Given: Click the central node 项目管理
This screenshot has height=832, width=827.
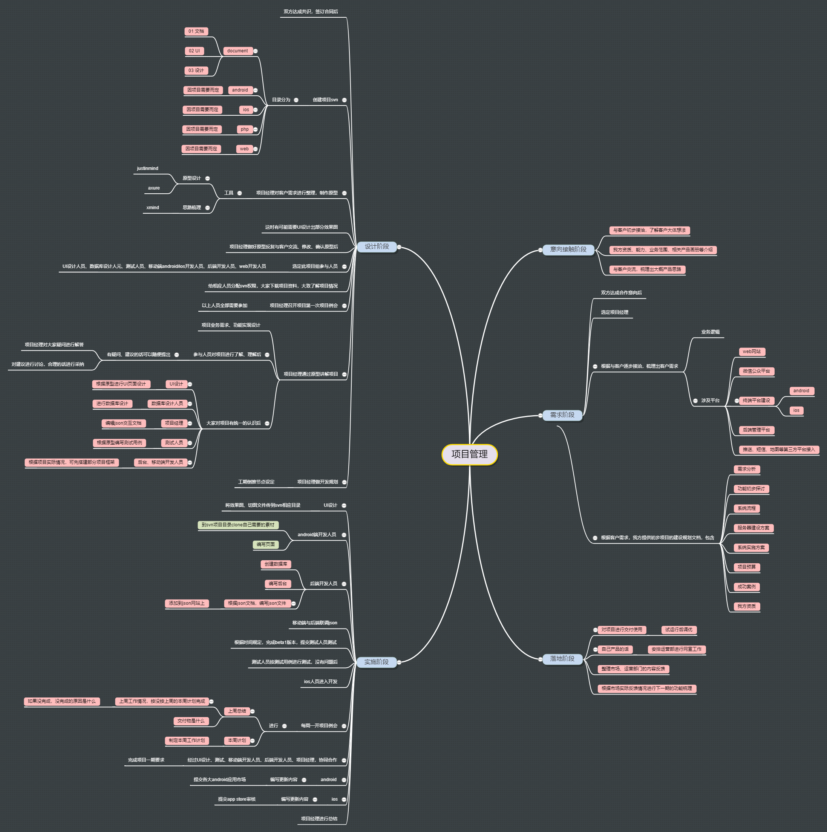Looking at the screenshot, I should click(x=470, y=454).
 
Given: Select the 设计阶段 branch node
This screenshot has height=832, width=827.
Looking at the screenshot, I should click(x=377, y=247).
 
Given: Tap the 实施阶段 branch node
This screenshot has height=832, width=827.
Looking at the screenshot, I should click(x=376, y=662).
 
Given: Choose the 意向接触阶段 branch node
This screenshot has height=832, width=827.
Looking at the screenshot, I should click(x=568, y=250).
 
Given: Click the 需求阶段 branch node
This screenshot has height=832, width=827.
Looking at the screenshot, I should click(x=562, y=415).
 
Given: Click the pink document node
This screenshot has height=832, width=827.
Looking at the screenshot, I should click(x=237, y=51).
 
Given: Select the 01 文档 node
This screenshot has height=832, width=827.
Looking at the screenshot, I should click(x=196, y=31).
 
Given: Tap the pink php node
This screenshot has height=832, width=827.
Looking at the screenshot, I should click(x=245, y=129).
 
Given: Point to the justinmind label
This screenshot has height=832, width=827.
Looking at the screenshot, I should click(x=147, y=168).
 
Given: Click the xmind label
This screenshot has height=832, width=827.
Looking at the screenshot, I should click(x=153, y=208).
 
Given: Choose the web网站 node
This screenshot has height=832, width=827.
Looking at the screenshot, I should click(x=752, y=352).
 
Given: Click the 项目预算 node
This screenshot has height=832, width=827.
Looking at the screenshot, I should click(x=746, y=567).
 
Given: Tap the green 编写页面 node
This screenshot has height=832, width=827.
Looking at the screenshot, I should click(x=265, y=545).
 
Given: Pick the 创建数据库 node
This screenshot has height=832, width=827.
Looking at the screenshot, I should click(x=276, y=564).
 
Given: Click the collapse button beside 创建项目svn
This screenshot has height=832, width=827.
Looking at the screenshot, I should click(x=344, y=100).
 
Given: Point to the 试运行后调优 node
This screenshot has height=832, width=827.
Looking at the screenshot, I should click(x=678, y=630).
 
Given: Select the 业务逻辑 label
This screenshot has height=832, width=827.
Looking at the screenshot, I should click(x=710, y=332).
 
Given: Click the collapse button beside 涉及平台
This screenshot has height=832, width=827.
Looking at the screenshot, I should click(x=695, y=401).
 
